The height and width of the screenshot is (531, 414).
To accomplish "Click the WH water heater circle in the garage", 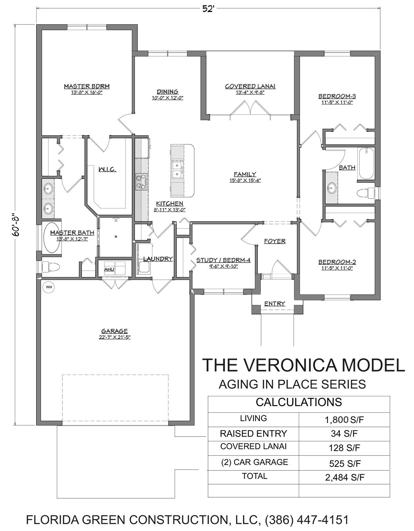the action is click(49, 287).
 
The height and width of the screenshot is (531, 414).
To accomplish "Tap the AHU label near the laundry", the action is click(109, 269).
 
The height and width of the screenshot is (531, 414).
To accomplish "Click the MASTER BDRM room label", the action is click(87, 86).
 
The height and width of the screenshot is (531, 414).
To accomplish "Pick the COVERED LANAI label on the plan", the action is click(250, 86).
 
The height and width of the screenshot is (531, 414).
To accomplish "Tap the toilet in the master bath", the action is click(51, 267).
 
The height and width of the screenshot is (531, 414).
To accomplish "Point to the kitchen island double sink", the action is click(177, 170).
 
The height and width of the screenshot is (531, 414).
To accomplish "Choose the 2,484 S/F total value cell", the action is click(345, 477).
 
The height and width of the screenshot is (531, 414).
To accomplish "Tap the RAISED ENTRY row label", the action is click(253, 433).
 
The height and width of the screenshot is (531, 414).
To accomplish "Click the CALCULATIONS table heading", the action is click(299, 402).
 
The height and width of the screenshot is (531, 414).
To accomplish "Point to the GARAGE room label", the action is click(115, 331).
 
